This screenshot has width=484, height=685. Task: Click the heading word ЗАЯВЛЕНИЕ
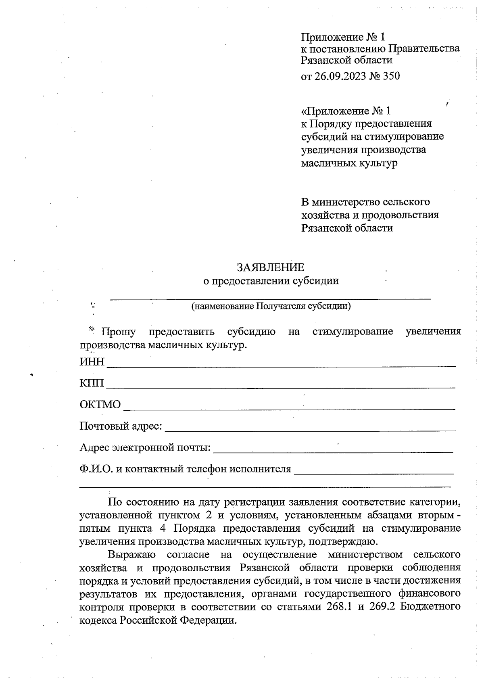[x=270, y=267]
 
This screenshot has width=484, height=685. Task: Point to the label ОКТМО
[x=100, y=404]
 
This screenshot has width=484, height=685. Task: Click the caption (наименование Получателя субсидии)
[x=271, y=306]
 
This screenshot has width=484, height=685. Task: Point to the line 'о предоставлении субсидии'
[x=271, y=281]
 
